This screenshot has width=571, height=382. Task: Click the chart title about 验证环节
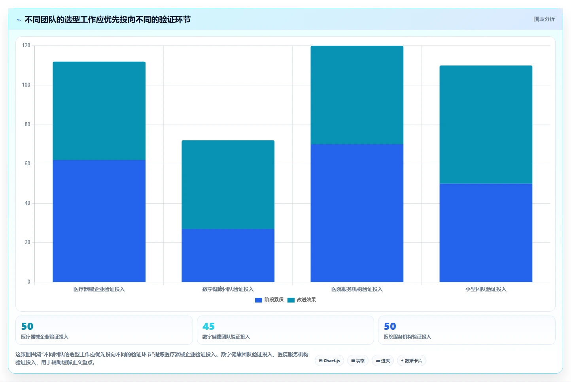coord(108,20)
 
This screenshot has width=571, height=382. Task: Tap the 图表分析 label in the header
coord(544,19)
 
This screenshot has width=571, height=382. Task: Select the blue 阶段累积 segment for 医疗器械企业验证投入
coord(99,221)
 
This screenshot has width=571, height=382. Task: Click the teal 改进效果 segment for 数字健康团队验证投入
coord(228,185)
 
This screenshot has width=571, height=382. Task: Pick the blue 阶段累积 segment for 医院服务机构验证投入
coord(357,213)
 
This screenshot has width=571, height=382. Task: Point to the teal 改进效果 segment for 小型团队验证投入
coord(486,124)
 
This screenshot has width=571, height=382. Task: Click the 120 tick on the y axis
coord(26,45)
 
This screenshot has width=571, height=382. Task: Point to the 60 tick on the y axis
coord(27,164)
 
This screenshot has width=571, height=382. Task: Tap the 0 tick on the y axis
coord(29,282)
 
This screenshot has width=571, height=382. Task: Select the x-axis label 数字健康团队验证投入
coord(228,289)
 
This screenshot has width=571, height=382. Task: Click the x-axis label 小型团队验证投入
coord(486,289)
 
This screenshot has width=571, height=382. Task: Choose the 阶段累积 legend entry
coord(269,300)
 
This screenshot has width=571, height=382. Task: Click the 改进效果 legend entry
coord(302,300)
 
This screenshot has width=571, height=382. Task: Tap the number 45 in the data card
coord(208,326)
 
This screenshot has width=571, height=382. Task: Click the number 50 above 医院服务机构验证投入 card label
coord(390,326)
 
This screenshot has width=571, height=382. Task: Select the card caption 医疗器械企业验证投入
coord(45,337)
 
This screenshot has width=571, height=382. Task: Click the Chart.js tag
coord(329,361)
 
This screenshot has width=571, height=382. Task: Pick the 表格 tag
coord(358,361)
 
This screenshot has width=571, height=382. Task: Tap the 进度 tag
coord(383,361)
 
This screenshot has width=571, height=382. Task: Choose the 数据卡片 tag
coord(411,361)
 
